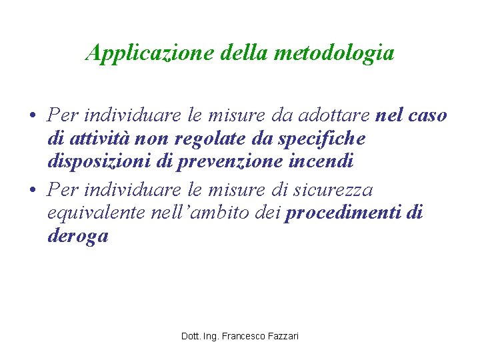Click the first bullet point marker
[32, 116]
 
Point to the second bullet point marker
[32, 191]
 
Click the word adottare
[333, 115]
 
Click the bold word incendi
[329, 161]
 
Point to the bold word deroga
[78, 236]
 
